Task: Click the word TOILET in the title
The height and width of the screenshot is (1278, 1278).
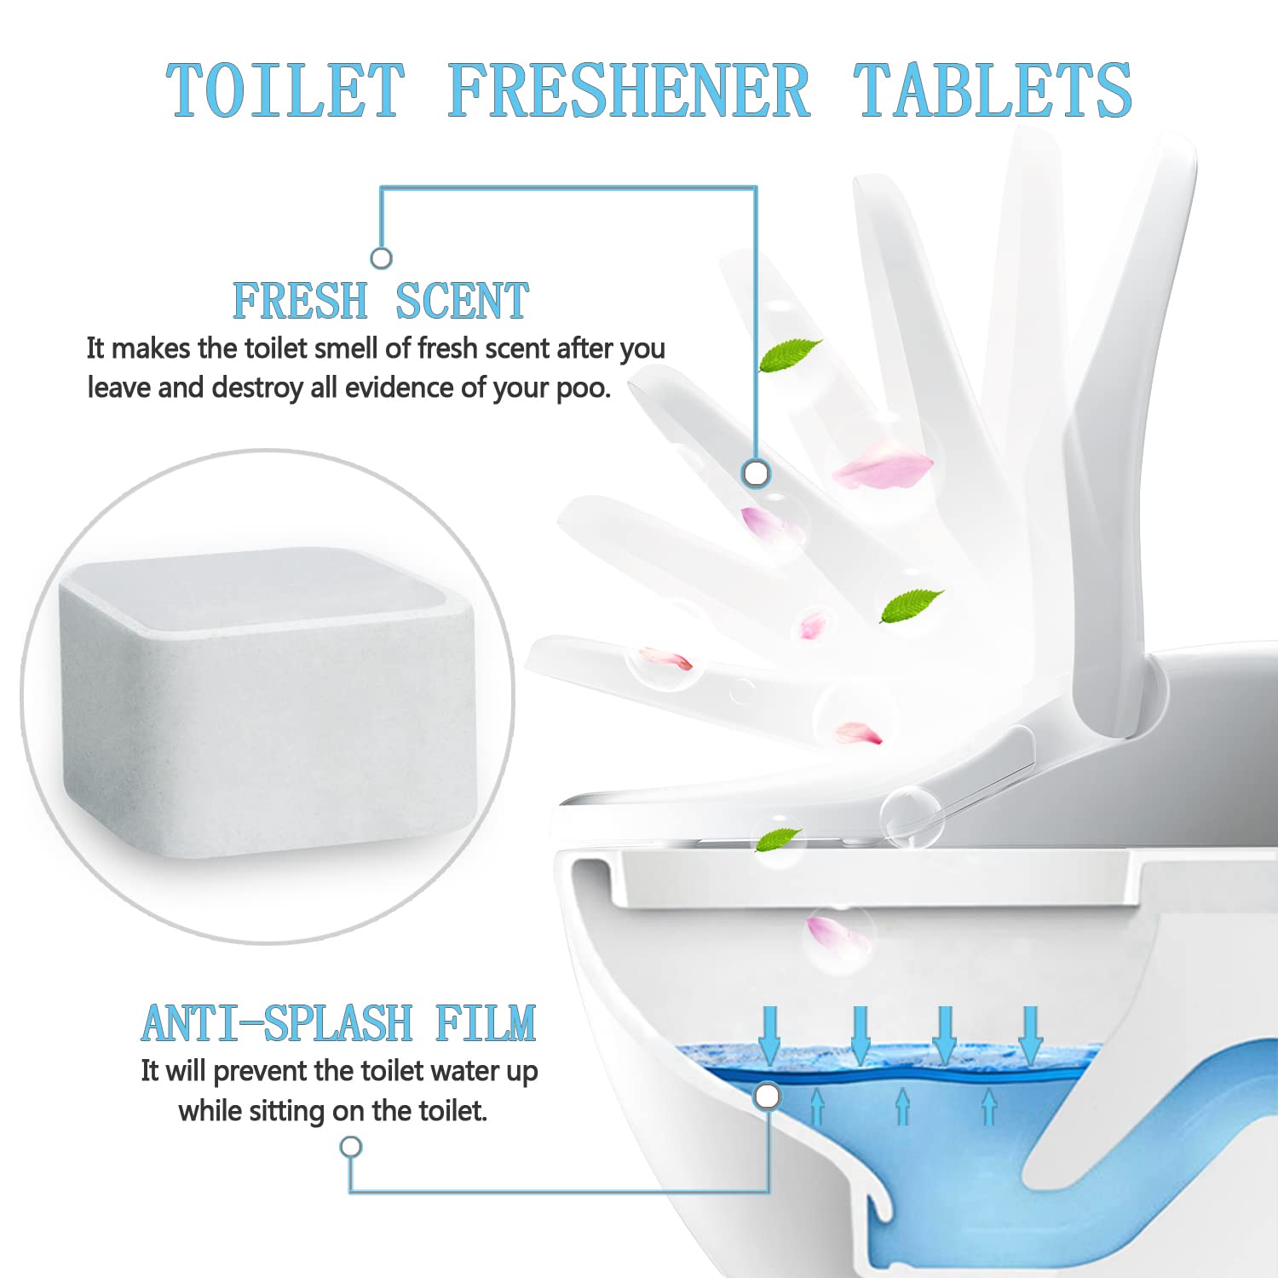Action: (x=285, y=90)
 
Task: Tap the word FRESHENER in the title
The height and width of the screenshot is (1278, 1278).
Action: (x=629, y=90)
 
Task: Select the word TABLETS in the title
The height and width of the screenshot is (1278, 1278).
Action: (x=993, y=90)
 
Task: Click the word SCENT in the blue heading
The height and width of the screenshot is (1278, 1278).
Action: (x=462, y=301)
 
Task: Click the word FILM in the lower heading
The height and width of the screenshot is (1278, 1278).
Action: (x=486, y=1023)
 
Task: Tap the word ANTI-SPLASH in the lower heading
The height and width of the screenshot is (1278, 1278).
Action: (x=277, y=1023)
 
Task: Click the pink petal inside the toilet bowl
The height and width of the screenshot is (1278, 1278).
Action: (x=837, y=933)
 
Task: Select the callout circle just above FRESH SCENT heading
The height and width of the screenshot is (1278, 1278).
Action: (x=382, y=258)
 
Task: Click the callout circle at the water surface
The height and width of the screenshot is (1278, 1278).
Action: (x=768, y=1097)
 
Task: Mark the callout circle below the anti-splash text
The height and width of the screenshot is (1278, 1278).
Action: (x=351, y=1147)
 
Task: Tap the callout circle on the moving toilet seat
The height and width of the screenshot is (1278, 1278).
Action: (x=756, y=473)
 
